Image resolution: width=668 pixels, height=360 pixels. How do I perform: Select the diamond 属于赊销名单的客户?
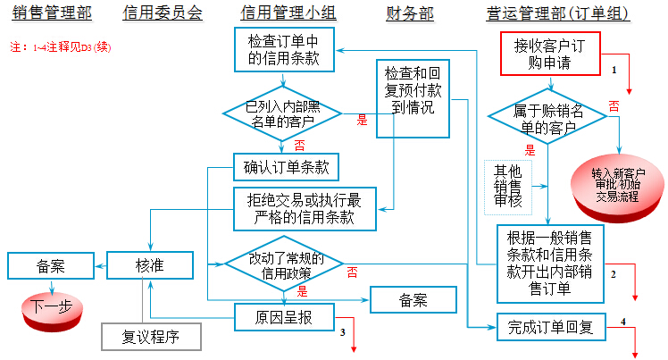(549, 117)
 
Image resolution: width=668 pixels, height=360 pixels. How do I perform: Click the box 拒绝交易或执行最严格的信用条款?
(305, 209)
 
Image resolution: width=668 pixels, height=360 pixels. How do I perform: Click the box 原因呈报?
(284, 317)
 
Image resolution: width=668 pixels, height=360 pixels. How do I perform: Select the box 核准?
(150, 264)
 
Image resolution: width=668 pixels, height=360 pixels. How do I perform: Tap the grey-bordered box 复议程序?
(150, 337)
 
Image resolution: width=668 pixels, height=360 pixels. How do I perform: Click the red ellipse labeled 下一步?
(50, 306)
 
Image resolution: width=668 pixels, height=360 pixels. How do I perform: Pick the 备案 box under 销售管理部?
(50, 264)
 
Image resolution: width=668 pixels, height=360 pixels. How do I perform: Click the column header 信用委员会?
(163, 14)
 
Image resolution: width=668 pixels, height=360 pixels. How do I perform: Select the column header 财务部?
(410, 14)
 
